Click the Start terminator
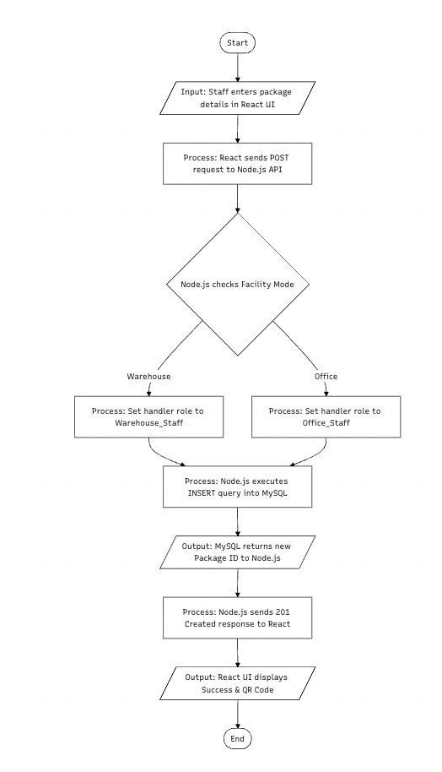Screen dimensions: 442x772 pyautogui.click(x=238, y=43)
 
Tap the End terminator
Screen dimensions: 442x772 pyautogui.click(x=238, y=738)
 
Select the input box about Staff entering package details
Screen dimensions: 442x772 pyautogui.click(x=238, y=98)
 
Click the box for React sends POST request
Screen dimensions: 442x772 pyautogui.click(x=238, y=164)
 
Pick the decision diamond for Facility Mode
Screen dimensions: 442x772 pyautogui.click(x=238, y=284)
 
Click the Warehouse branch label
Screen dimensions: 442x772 pyautogui.click(x=149, y=376)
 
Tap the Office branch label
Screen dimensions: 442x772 pyautogui.click(x=326, y=376)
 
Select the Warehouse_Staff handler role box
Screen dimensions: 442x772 pyautogui.click(x=149, y=416)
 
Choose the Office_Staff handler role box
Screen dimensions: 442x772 pyautogui.click(x=326, y=416)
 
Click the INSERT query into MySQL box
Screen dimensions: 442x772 pyautogui.click(x=238, y=487)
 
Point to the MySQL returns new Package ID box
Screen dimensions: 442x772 pyautogui.click(x=238, y=552)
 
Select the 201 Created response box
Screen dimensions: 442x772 pyautogui.click(x=238, y=618)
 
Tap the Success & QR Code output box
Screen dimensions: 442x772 pyautogui.click(x=238, y=683)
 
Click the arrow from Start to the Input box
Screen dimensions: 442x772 pyautogui.click(x=238, y=67)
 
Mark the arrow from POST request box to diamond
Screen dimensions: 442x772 pyautogui.click(x=238, y=198)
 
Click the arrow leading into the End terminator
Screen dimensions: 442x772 pyautogui.click(x=238, y=715)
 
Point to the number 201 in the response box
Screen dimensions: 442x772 pyautogui.click(x=283, y=612)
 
